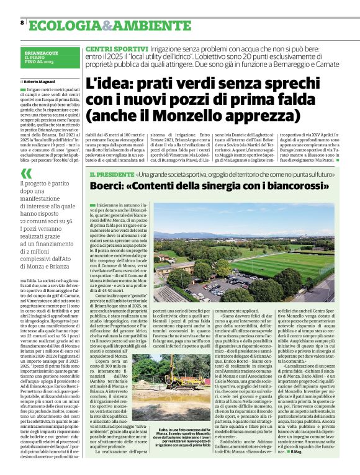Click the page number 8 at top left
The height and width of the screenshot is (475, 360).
tap(22, 23)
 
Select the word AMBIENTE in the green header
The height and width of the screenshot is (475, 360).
tap(143, 25)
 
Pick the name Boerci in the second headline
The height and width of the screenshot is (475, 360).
tap(108, 187)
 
